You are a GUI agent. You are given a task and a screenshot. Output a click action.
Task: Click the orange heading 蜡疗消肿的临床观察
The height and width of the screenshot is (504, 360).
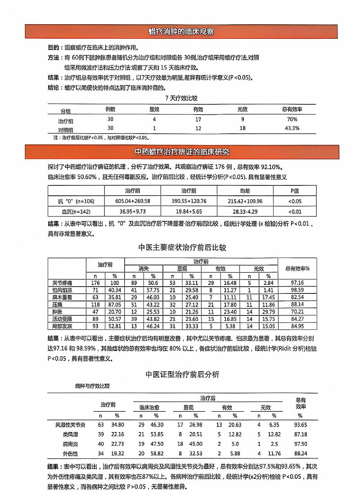click(x=181, y=32)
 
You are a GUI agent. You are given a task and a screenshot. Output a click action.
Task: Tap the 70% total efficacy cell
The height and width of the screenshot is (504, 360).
click(x=292, y=120)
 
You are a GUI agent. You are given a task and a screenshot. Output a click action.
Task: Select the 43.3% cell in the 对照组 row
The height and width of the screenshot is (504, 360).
click(x=292, y=128)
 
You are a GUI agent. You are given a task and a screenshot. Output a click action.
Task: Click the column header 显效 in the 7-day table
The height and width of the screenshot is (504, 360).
click(x=154, y=109)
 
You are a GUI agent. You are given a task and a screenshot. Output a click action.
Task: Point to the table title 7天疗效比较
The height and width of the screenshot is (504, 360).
click(x=181, y=98)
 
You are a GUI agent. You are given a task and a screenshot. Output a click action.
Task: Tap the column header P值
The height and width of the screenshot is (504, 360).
click(x=295, y=190)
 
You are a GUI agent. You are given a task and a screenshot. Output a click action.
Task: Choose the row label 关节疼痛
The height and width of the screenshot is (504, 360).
click(x=63, y=283)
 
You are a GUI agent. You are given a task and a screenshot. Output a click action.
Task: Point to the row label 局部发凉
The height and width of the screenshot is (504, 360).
click(x=63, y=326)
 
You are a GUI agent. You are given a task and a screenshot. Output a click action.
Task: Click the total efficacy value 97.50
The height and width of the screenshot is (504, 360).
click(x=301, y=444)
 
